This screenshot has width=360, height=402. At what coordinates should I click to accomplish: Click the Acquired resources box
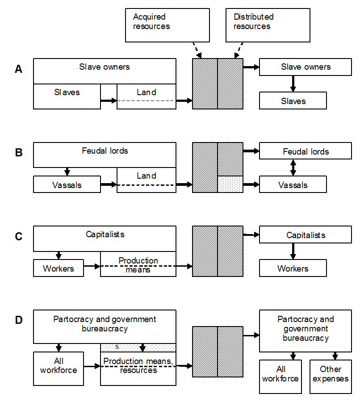coord(167,25)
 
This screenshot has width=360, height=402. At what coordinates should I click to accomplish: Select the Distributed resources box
coord(268,25)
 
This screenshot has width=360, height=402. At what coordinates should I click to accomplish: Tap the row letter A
coord(18,69)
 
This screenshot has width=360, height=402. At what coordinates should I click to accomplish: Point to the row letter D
coord(18,320)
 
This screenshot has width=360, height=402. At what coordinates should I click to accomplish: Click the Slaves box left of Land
coord(67,96)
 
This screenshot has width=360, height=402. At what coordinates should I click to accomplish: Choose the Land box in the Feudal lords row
coord(147,180)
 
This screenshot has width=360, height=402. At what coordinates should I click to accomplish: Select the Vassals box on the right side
coord(293,184)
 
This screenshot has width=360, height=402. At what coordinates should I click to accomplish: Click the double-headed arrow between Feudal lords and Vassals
coord(293,167)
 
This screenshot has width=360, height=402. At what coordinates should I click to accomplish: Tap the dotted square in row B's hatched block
coord(230,184)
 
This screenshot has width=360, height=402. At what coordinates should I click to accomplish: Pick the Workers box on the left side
coord(59,268)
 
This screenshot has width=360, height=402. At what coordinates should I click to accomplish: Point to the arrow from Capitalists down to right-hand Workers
coord(293,251)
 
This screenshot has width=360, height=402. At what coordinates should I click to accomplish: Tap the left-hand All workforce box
coord(59,368)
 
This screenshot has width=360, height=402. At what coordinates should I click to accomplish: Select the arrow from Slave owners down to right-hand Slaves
coord(293,84)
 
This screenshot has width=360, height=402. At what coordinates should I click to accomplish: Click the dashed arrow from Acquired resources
coord(196,50)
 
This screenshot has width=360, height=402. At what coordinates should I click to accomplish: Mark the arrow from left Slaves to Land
coord(109,100)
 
